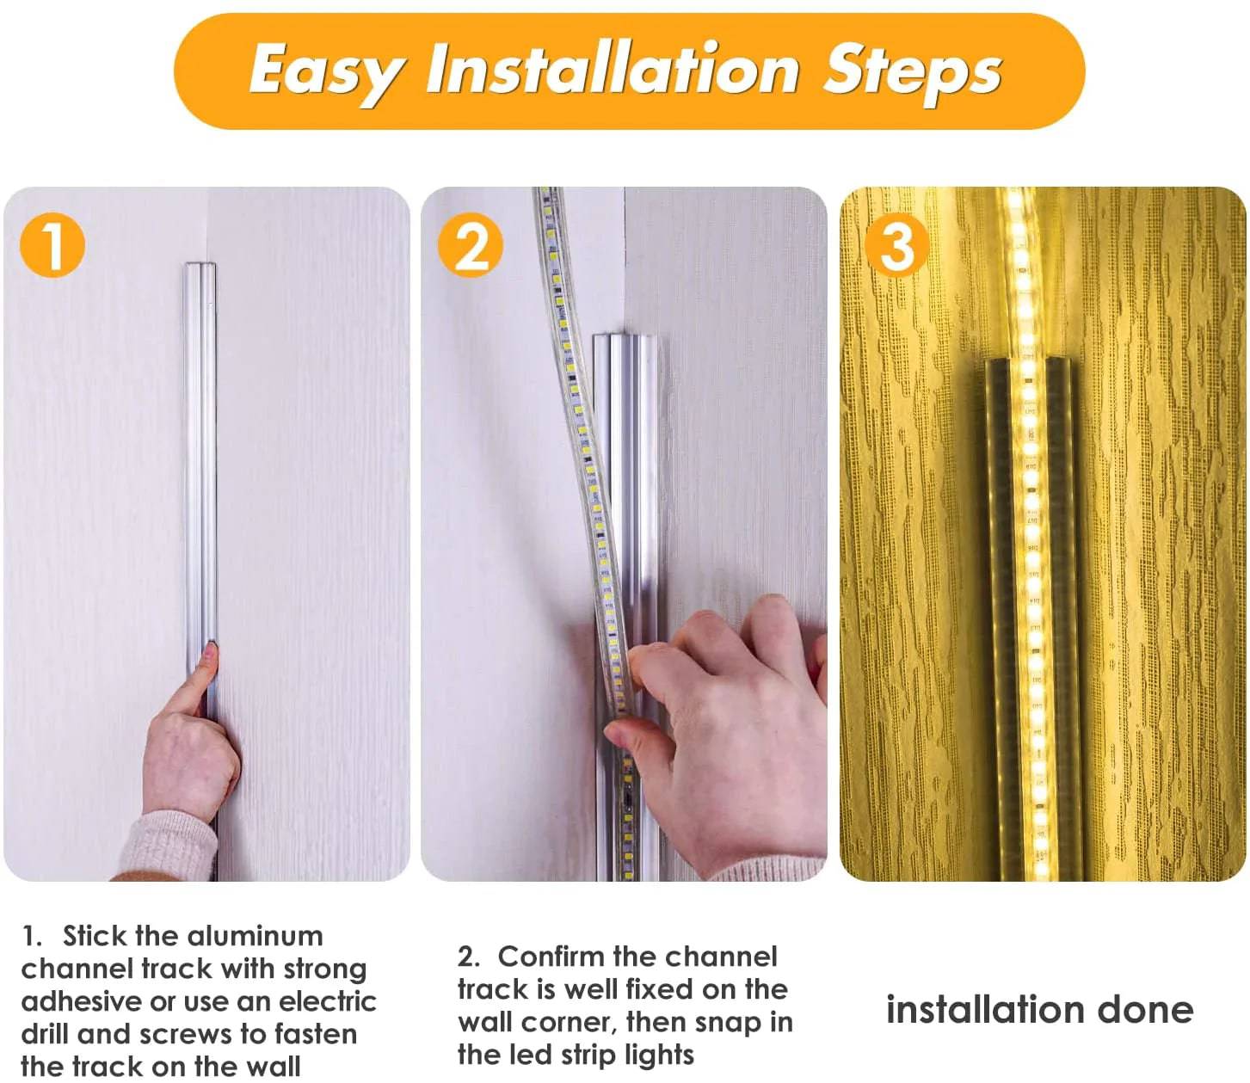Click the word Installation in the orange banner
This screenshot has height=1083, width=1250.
pos(613,67)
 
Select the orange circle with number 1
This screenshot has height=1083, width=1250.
pos(52,246)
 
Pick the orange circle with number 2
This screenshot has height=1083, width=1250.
pos(471,245)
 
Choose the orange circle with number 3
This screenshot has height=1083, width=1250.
pos(896,245)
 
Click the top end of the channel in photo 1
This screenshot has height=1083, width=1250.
pos(200,265)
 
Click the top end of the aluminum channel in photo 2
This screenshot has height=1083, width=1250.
pos(624,335)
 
